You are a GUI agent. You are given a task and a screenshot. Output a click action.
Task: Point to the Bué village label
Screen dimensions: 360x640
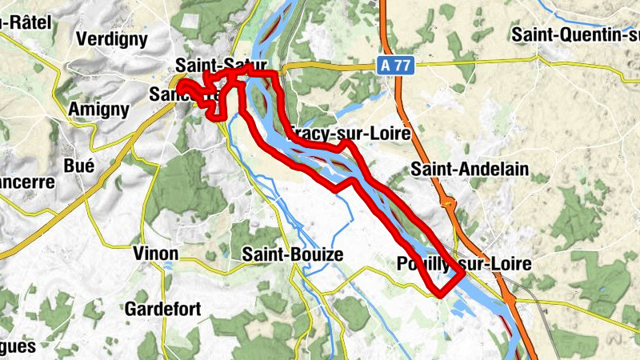[78, 166]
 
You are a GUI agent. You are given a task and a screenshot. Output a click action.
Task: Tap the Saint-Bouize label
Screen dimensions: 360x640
[292, 254]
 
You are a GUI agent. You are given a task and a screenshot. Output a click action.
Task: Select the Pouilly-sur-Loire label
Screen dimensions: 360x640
[463, 264]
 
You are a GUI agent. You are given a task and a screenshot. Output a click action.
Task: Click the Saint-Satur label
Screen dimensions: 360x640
[220, 64]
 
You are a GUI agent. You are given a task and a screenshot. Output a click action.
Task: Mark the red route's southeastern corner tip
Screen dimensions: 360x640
[463, 276]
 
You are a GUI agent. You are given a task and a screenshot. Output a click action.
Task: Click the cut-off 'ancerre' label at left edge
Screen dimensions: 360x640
[26, 182]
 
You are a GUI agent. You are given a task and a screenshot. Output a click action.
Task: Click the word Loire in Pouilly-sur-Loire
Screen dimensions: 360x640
[507, 264]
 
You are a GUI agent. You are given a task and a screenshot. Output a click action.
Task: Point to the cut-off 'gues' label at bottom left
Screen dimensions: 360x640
[18, 347]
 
